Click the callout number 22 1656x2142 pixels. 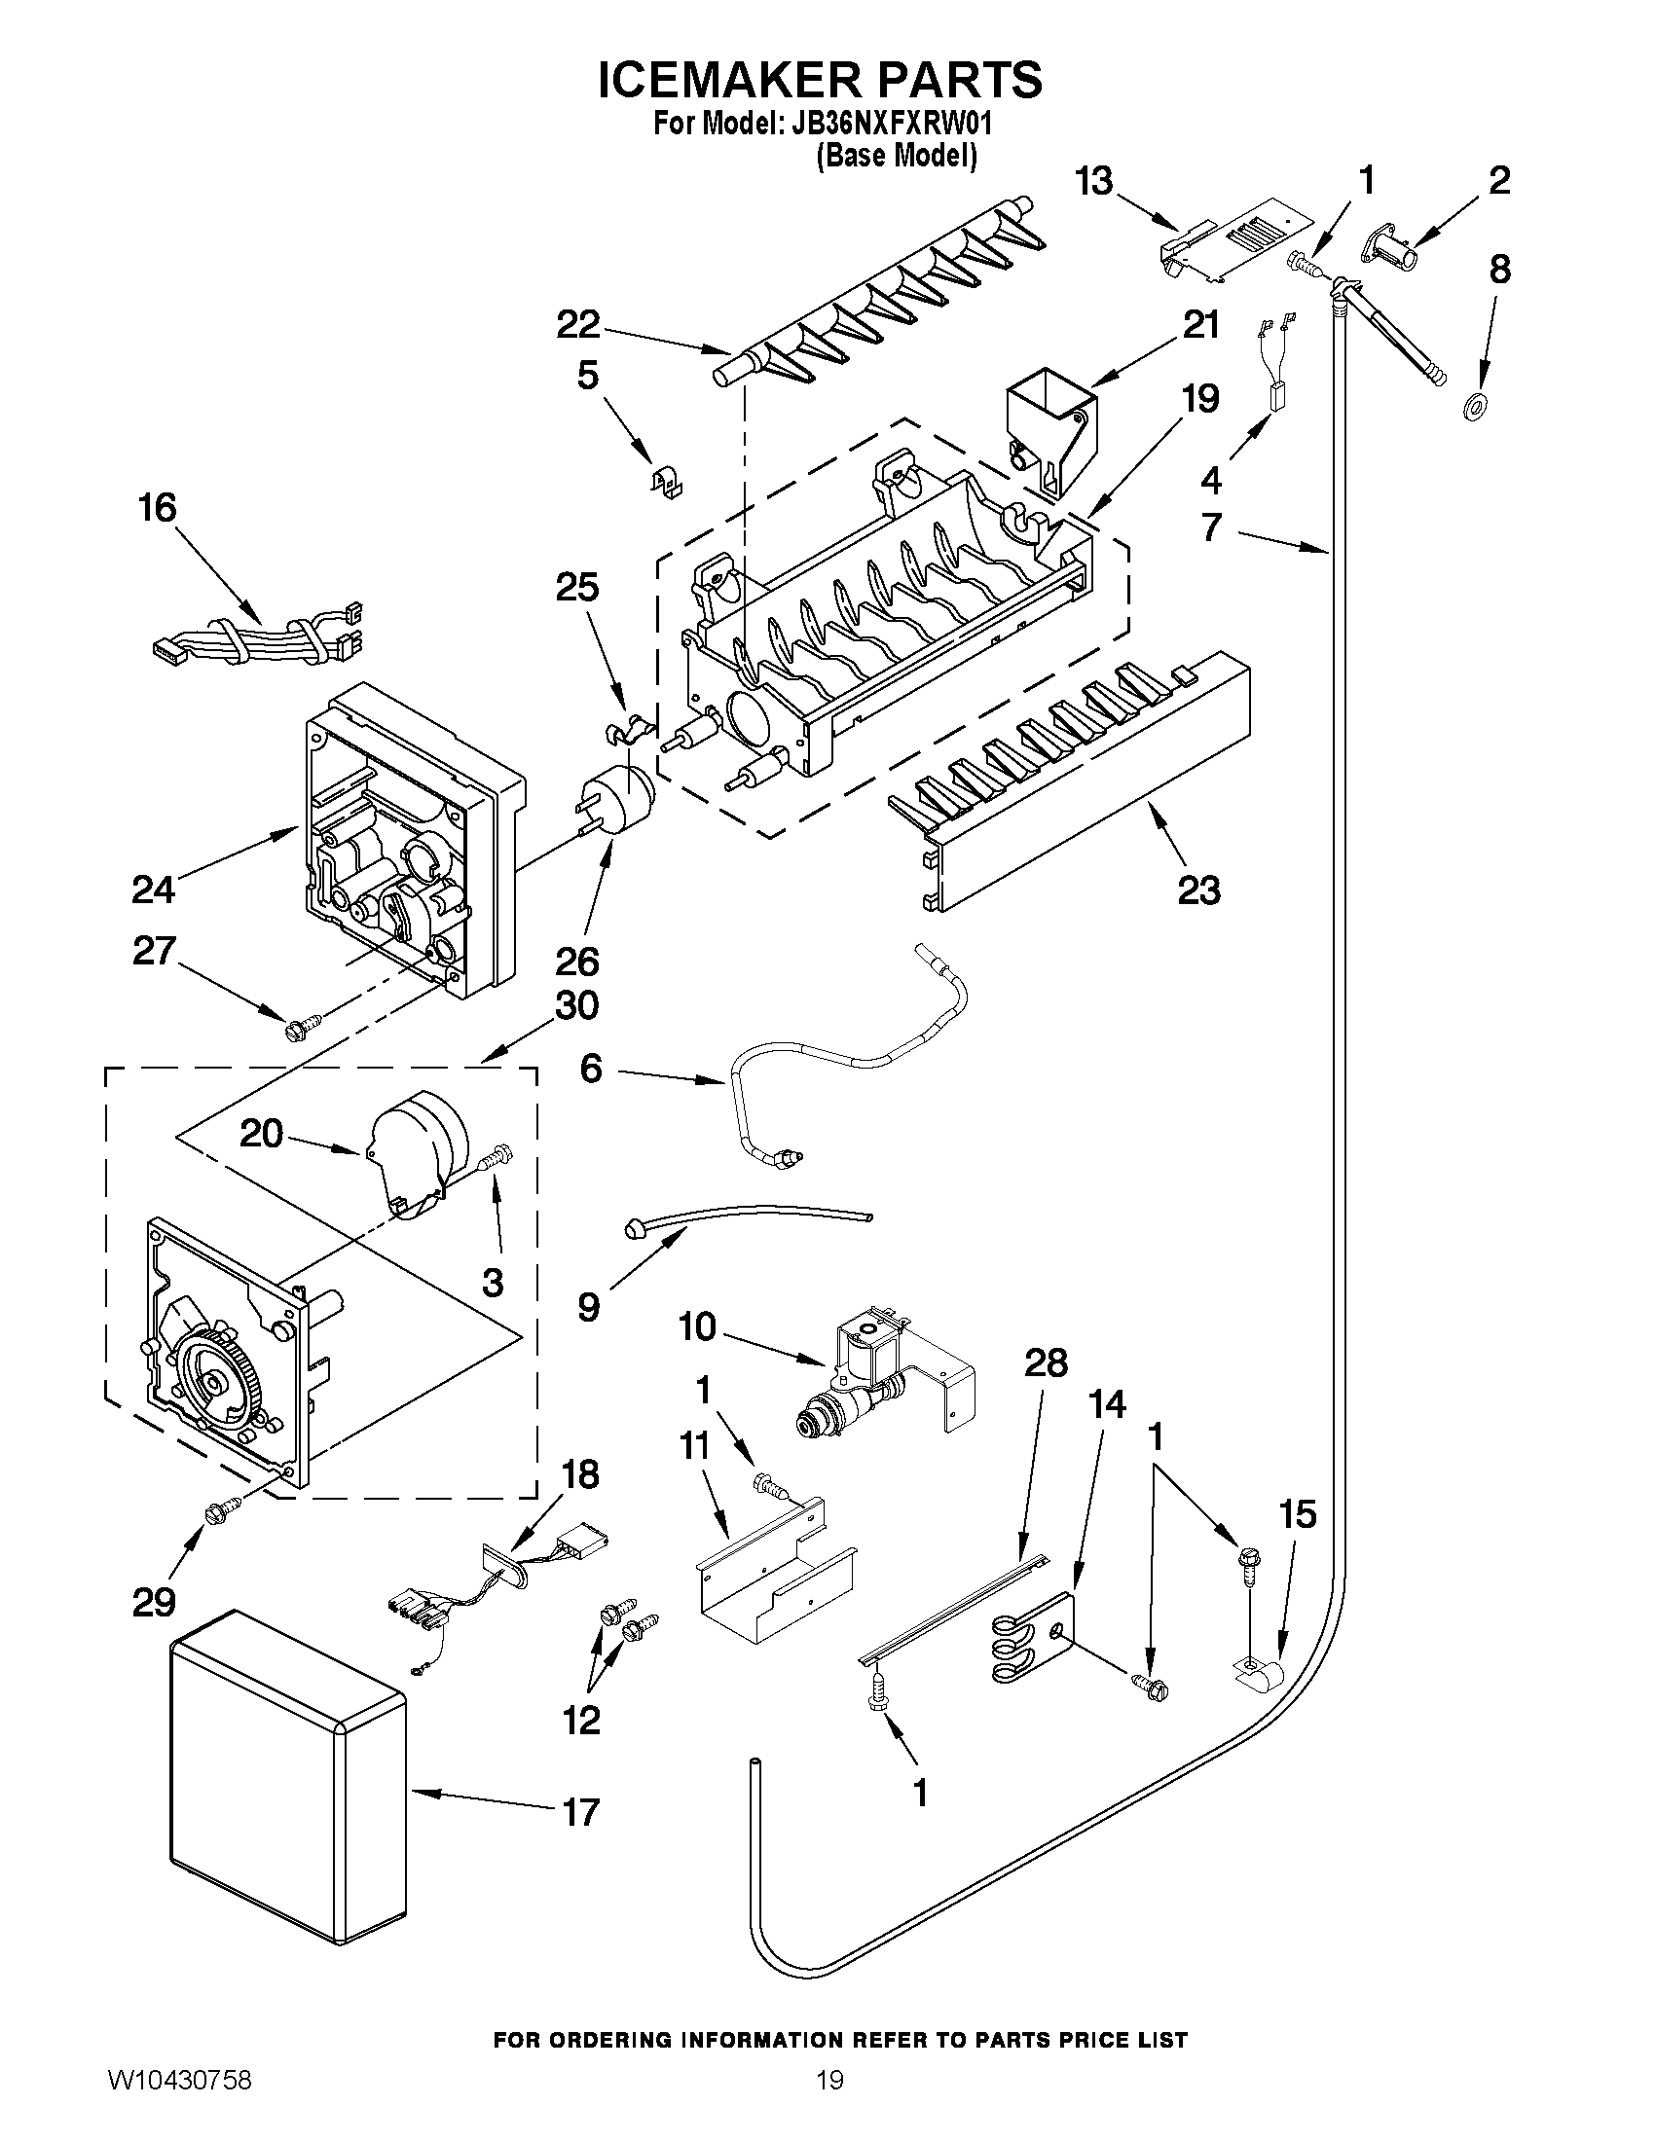578,325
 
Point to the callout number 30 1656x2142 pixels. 576,1006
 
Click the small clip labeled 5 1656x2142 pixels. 668,482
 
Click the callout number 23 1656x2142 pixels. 1197,890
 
